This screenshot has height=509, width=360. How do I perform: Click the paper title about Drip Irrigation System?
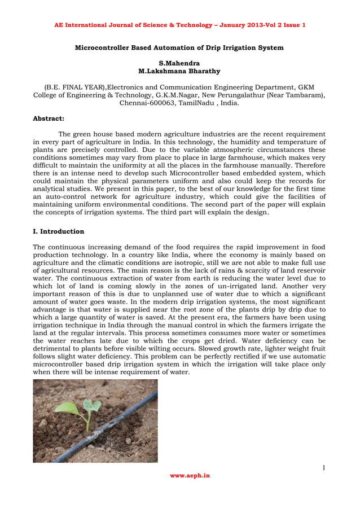coord(179,47)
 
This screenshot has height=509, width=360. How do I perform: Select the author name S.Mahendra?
coord(179,64)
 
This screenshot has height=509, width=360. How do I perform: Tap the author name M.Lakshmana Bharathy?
coord(179,72)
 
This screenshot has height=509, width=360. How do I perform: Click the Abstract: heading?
coord(49,119)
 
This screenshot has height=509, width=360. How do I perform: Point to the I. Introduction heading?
coord(59,231)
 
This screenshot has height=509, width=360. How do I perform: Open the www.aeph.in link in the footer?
coord(190,476)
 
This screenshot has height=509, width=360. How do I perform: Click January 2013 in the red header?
coord(244,25)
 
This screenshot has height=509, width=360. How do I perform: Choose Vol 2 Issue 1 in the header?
coord(285,25)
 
